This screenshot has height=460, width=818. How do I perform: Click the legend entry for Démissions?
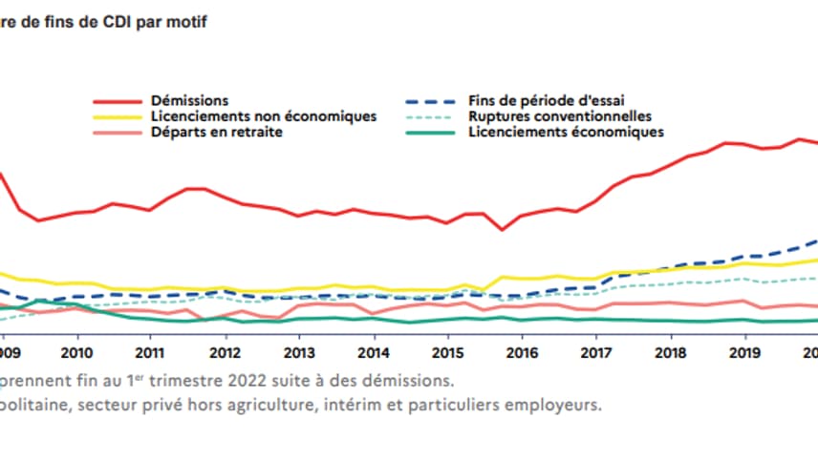(189, 100)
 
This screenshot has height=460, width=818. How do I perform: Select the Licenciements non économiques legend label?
(263, 116)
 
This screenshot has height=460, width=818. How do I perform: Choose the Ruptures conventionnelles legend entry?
(560, 116)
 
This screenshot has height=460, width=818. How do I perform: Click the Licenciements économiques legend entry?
(566, 132)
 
